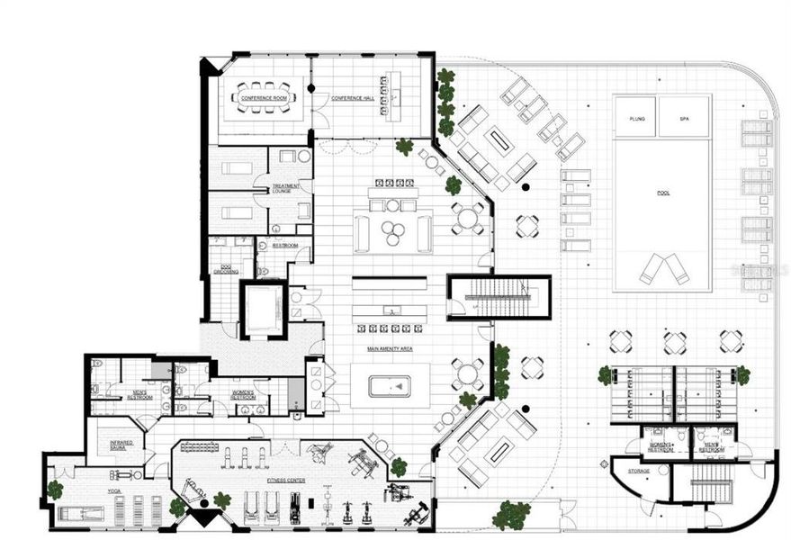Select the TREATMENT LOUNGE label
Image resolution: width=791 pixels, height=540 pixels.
285,190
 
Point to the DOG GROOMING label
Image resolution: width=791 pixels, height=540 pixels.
226,269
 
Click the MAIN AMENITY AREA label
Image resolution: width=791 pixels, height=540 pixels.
390,348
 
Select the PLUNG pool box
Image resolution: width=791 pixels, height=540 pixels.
636,118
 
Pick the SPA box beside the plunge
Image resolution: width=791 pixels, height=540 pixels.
684,118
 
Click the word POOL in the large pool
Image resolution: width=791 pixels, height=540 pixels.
662,193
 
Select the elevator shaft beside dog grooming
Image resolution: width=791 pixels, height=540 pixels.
263,309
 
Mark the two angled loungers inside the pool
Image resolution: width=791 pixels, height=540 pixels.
663,267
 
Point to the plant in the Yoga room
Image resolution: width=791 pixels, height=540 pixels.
55,490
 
